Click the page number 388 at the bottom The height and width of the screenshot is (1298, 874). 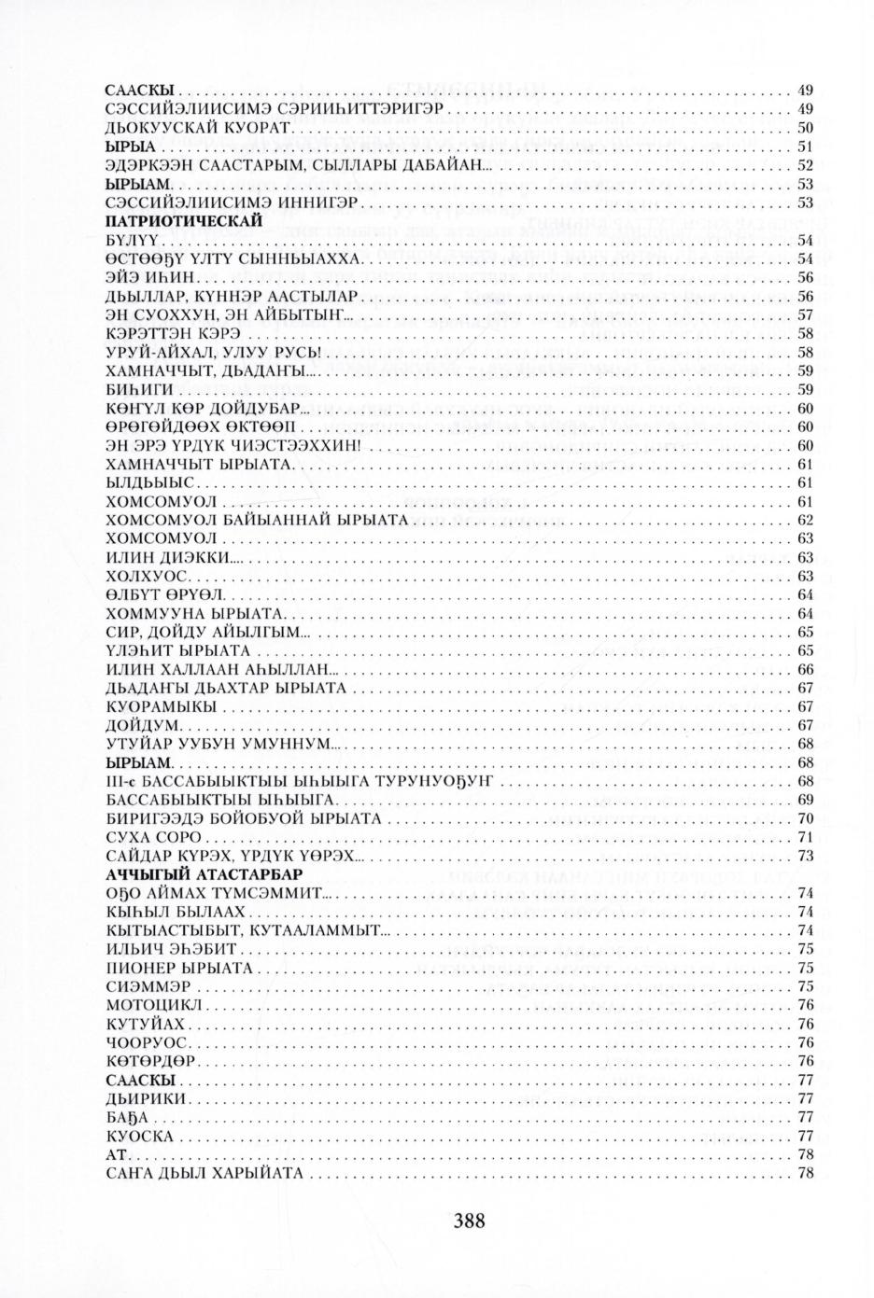point(469,1220)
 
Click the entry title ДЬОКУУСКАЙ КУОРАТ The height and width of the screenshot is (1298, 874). point(199,128)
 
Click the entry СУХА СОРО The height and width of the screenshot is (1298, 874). point(149,837)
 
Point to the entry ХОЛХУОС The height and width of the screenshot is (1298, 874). point(148,576)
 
